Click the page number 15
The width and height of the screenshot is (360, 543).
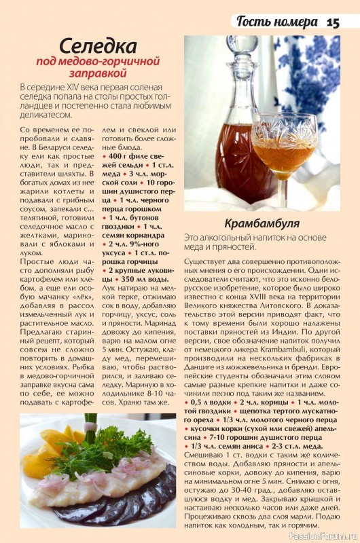333,21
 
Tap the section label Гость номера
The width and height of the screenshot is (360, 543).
277,21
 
